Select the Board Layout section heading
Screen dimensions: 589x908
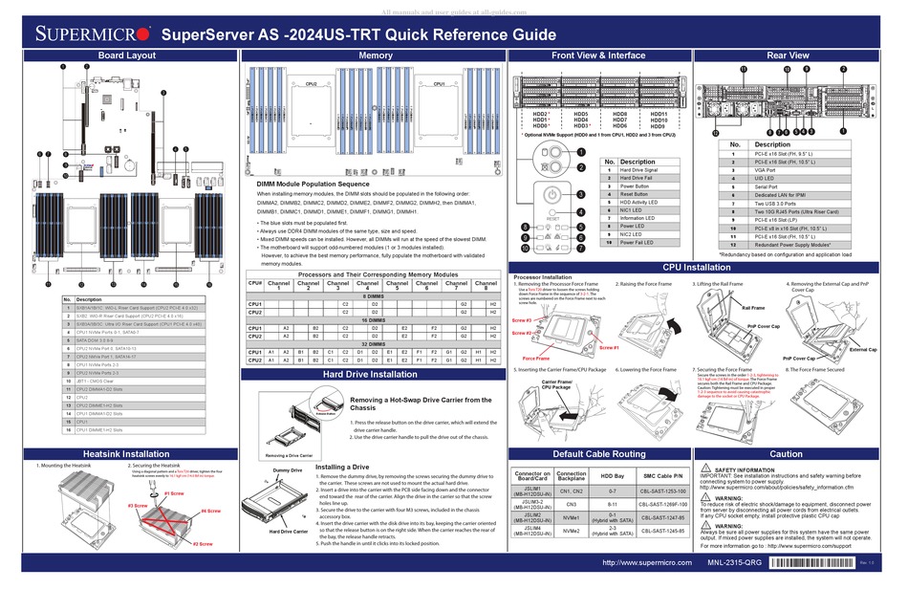126,56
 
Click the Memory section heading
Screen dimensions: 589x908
375,56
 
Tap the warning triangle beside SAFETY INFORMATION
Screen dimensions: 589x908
704,470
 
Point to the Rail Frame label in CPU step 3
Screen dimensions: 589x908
753,308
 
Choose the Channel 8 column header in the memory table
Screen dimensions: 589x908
486,285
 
